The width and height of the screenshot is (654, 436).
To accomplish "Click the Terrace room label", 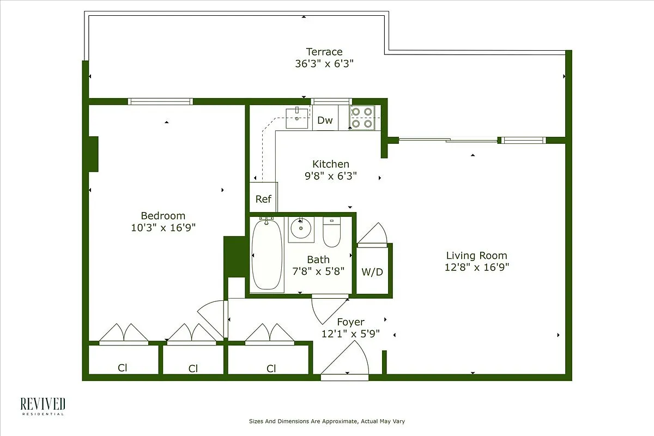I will click(324, 52).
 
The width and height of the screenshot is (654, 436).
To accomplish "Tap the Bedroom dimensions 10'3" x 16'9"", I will click(163, 227).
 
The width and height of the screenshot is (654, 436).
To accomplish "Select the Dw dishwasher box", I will click(325, 120).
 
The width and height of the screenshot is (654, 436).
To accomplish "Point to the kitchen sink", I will click(297, 118).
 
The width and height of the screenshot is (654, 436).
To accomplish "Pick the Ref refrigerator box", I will click(263, 198).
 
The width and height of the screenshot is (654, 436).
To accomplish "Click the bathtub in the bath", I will click(267, 255).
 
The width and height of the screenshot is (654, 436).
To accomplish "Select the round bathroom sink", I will click(300, 229).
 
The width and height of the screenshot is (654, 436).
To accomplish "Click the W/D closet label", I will click(372, 271).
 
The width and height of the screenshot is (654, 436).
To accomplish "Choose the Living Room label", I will click(476, 255).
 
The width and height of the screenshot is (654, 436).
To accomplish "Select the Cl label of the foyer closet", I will click(271, 368).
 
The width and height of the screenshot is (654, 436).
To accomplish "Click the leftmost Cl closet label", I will click(123, 368).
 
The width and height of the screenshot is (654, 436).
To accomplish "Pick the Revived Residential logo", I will click(43, 406).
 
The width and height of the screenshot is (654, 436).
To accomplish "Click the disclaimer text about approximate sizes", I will click(327, 421).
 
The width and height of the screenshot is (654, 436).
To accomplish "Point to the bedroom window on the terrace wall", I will click(160, 101).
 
